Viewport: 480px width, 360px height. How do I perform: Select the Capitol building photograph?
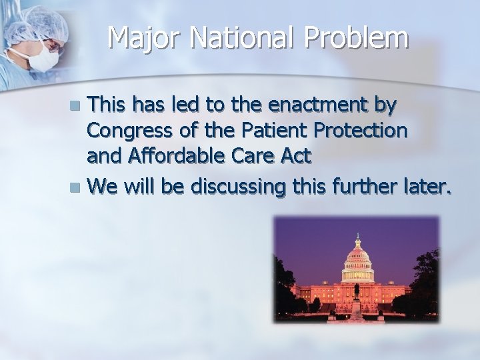(x=357, y=270)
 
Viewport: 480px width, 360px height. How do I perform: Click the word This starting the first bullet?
(x=110, y=105)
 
